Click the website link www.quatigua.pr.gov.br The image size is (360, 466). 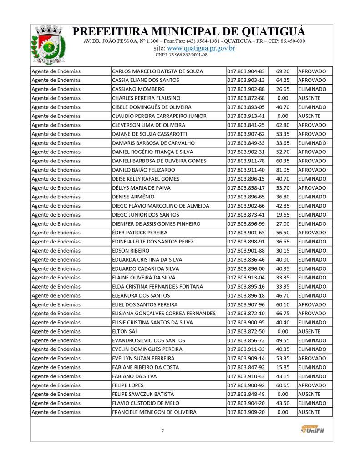coord(201,48)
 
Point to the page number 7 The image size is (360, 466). coord(162,431)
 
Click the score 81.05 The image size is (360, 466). coord(283,170)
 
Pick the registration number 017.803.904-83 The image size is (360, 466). coord(246,71)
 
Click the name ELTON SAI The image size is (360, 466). coord(124,331)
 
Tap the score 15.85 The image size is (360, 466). coord(283,367)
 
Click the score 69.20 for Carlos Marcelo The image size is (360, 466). coord(283,71)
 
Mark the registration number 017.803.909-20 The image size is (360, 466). coord(246,412)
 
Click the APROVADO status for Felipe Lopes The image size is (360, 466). coord(312,385)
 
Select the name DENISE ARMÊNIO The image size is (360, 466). coord(133,197)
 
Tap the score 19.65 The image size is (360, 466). coord(283,215)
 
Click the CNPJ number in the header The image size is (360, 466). coord(181,55)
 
